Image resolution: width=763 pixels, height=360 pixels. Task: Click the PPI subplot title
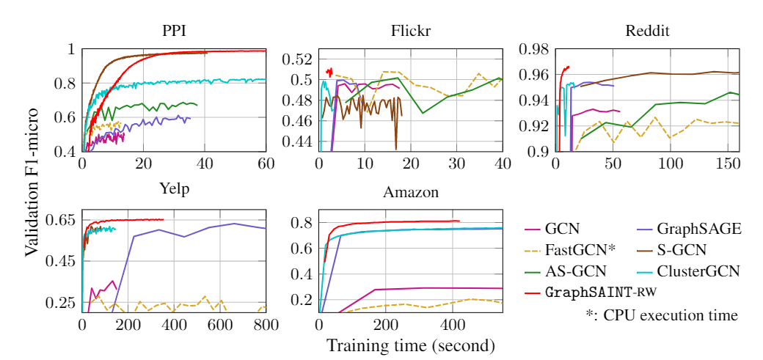174,32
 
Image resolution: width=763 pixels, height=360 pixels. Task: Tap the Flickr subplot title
411,32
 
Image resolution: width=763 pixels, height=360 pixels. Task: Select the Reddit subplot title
647,32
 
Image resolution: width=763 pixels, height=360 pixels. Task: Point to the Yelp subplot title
174,189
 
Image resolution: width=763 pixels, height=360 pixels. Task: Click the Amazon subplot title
411,193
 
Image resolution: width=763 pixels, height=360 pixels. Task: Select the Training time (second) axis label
410,345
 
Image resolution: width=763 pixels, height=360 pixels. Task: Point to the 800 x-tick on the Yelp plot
265,324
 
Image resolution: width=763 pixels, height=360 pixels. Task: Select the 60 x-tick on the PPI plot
265,163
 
